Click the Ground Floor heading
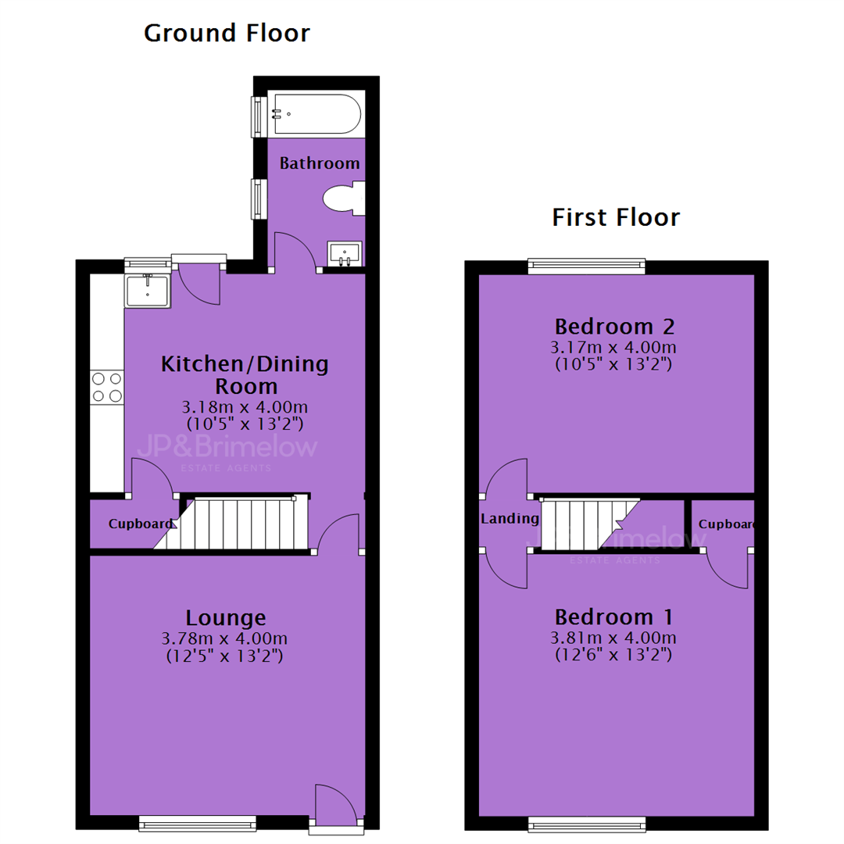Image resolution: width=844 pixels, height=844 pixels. (227, 34)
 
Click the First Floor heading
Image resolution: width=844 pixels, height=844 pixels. (616, 217)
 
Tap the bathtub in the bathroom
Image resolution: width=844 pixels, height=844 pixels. (317, 114)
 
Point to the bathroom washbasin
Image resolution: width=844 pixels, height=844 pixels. (345, 253)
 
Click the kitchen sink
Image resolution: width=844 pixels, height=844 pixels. (148, 291)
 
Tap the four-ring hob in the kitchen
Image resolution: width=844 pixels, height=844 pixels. (106, 387)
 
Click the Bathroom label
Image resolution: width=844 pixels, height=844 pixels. (320, 163)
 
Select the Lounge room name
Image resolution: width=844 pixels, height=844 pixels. (226, 618)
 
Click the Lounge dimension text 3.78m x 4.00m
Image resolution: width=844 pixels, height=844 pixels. (224, 639)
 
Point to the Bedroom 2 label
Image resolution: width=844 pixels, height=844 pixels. (614, 326)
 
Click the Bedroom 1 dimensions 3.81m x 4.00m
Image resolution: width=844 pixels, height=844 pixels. (613, 638)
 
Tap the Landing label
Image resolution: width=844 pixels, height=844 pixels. (510, 518)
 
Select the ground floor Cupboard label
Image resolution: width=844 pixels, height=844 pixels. (141, 524)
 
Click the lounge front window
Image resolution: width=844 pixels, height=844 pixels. (198, 823)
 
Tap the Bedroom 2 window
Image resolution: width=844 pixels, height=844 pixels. (586, 266)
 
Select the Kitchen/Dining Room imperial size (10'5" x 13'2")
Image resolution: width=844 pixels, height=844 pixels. (245, 424)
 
